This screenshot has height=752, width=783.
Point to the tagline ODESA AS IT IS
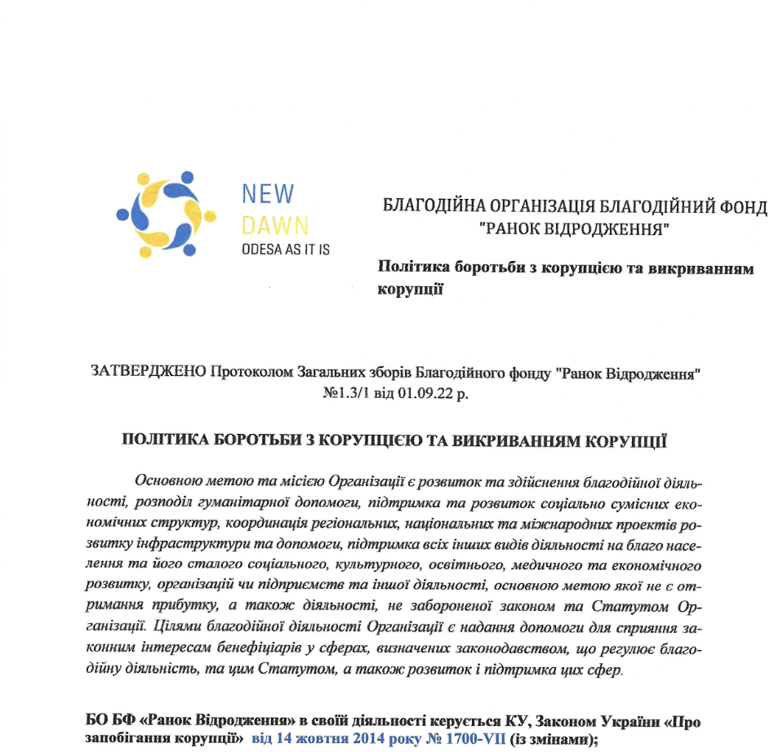pos(286,250)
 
